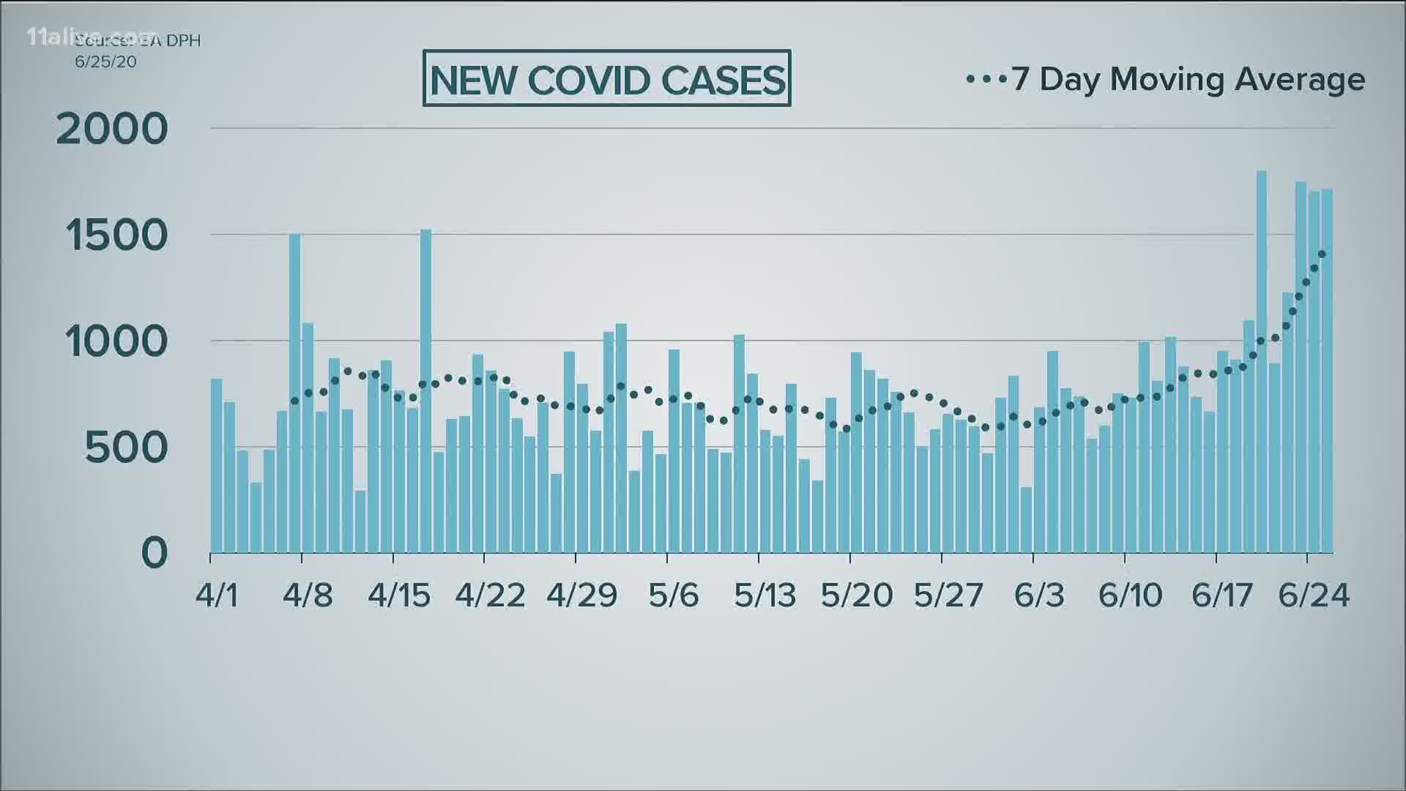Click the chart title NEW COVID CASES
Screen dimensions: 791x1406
coord(607,78)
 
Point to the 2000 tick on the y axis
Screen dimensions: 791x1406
coord(112,130)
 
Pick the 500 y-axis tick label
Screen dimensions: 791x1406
coord(127,448)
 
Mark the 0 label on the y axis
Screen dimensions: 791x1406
coord(155,554)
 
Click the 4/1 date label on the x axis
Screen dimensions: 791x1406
coord(217,595)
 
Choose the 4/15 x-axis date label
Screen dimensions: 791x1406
coord(399,595)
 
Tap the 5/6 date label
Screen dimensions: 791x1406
coord(674,595)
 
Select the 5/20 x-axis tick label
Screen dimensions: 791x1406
coord(857,595)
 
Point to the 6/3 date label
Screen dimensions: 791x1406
coord(1039,595)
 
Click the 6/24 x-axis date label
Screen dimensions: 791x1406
coord(1314,595)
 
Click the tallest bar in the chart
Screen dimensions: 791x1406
coord(1262,362)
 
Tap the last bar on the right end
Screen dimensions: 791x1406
coord(1327,371)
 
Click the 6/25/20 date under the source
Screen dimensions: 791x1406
coord(106,62)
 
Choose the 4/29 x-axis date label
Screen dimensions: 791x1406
coord(582,595)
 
